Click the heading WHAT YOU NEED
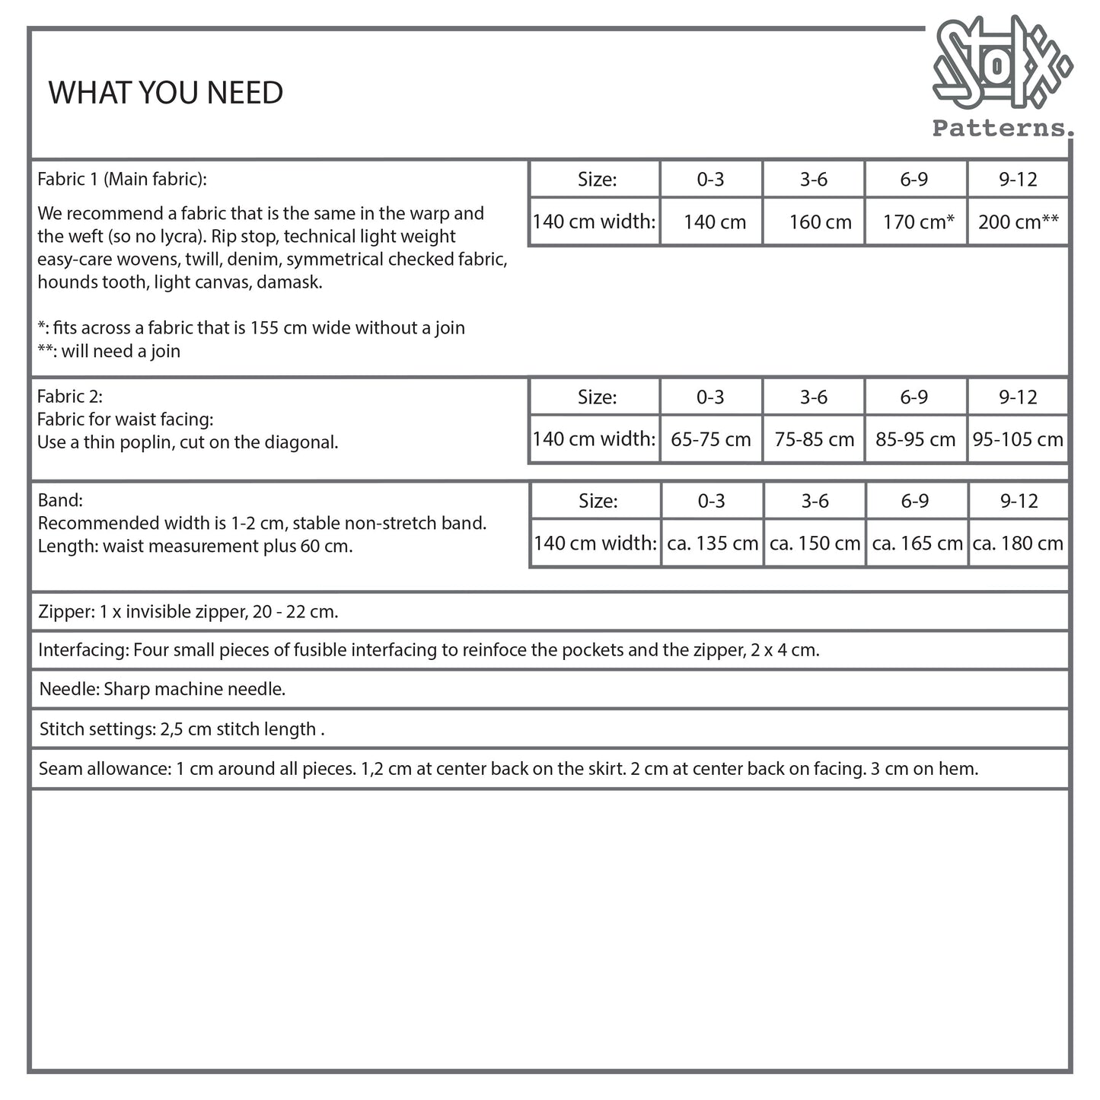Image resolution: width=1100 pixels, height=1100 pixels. tap(166, 93)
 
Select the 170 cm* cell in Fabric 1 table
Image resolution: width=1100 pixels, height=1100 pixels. tap(918, 222)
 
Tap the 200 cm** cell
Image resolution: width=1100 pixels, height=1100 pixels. tap(1018, 222)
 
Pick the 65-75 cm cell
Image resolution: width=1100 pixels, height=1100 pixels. tap(711, 439)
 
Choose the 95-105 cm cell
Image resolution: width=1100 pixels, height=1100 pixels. tap(1018, 439)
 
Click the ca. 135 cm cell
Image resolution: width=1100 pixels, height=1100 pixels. tap(713, 544)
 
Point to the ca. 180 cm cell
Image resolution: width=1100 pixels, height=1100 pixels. tap(1018, 544)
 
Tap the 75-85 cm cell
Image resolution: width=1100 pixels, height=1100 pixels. tap(814, 439)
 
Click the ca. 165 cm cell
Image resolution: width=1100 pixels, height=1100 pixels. tap(917, 544)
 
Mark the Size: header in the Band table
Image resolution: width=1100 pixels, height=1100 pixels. tap(598, 501)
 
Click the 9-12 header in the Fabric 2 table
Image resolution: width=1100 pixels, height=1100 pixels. tap(1018, 397)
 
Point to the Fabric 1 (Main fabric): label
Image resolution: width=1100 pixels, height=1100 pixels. tap(122, 180)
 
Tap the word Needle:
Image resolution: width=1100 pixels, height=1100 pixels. tap(69, 690)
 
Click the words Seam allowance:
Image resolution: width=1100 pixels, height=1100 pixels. tap(104, 769)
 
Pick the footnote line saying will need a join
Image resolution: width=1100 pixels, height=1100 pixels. tap(109, 351)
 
